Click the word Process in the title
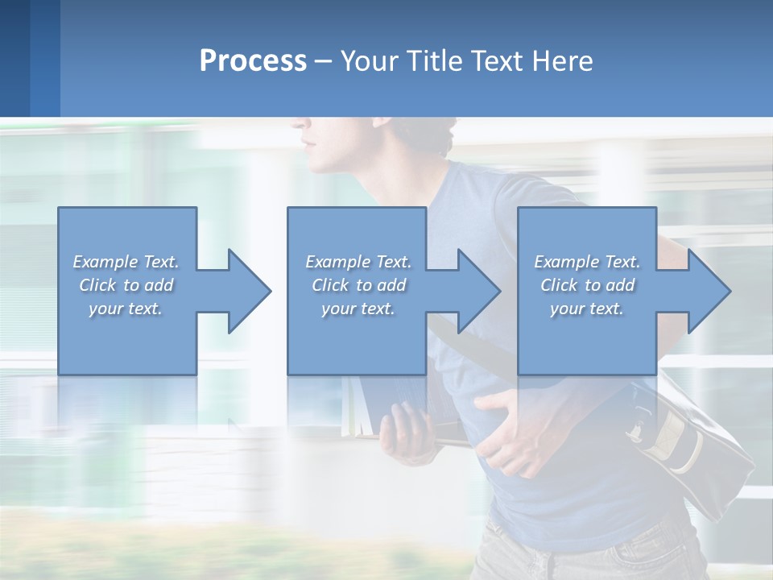coord(253,61)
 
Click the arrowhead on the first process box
coord(245,291)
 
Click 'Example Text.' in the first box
coord(126,262)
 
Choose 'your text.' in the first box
coord(126,309)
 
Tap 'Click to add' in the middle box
coord(358,285)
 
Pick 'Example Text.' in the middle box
coord(358,262)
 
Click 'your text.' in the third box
coord(587,309)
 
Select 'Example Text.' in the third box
coord(587,262)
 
